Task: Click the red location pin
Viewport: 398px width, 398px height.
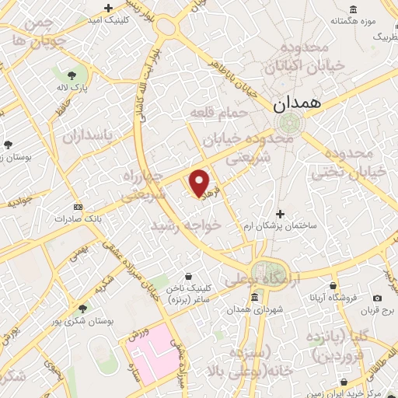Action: coord(200,183)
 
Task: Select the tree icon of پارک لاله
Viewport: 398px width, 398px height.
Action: coord(72,75)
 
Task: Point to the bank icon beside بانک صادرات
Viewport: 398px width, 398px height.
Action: coord(77,207)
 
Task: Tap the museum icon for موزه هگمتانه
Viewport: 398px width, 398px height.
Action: coord(354,9)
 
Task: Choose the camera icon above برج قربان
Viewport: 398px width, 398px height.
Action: coord(377,298)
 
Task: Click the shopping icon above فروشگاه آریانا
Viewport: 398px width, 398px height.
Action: coord(333,285)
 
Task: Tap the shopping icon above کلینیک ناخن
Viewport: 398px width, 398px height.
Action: coord(189,275)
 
